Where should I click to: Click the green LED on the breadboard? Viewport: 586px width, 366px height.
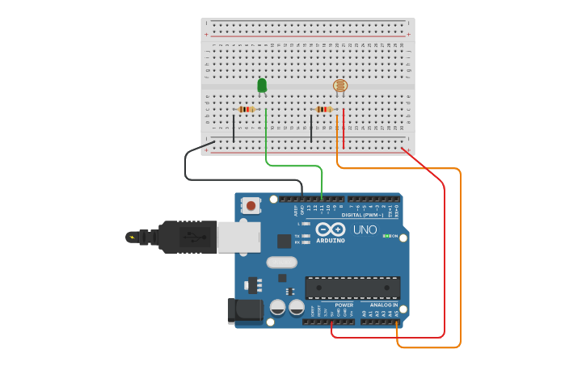[262, 85]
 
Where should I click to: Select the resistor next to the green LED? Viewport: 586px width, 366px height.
[247, 109]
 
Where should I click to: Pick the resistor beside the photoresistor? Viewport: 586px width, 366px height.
[324, 109]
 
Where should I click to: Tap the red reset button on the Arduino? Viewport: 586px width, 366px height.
[251, 205]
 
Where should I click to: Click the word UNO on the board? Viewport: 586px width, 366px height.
[365, 230]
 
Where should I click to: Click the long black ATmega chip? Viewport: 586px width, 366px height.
[352, 288]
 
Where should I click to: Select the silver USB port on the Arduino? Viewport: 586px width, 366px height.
[239, 238]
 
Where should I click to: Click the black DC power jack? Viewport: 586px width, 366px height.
[245, 310]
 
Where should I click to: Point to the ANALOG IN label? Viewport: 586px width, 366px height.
[384, 305]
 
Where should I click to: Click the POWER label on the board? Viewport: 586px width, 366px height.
[344, 305]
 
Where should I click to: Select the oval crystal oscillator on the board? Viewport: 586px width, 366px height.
[281, 262]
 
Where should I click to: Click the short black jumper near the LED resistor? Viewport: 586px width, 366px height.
[234, 128]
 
